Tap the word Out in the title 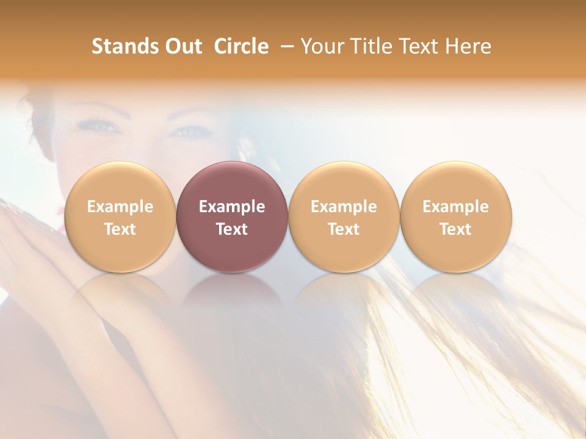pyautogui.click(x=182, y=46)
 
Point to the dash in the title pyautogui.click(x=285, y=46)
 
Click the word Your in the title pyautogui.click(x=322, y=46)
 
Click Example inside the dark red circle pyautogui.click(x=232, y=207)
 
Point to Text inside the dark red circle pyautogui.click(x=232, y=229)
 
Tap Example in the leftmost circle pyautogui.click(x=120, y=207)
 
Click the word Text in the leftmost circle pyautogui.click(x=120, y=229)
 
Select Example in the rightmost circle pyautogui.click(x=456, y=207)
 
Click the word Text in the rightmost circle pyautogui.click(x=456, y=229)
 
